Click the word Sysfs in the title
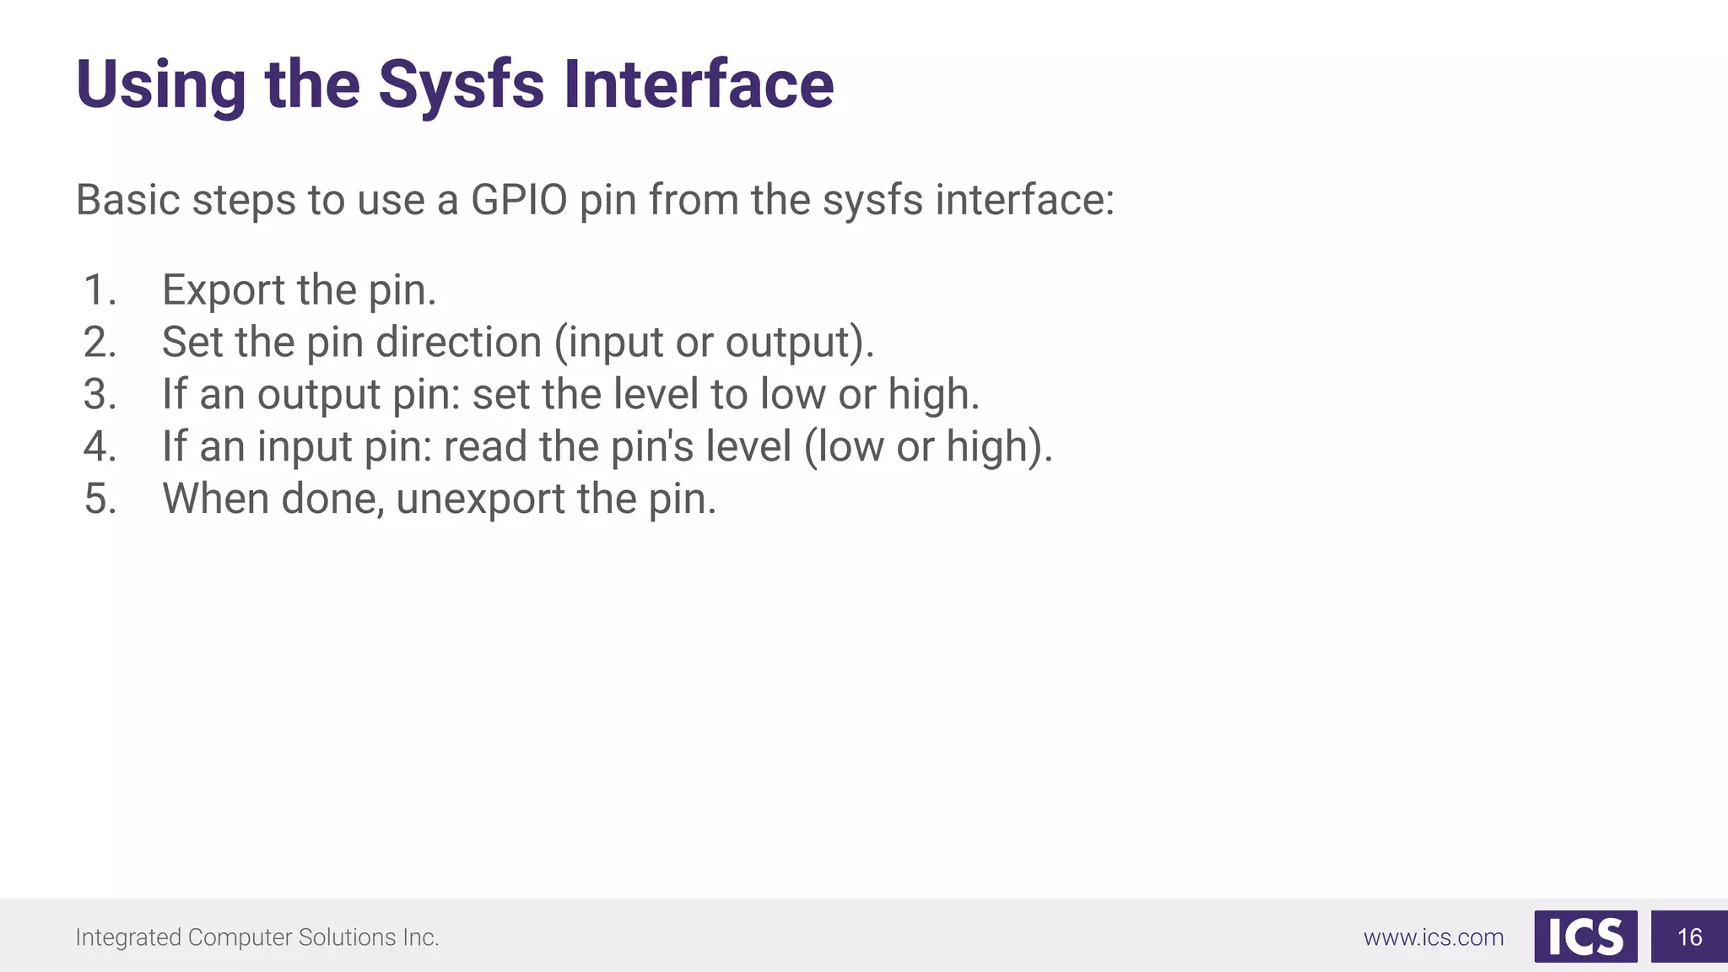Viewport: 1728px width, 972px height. pyautogui.click(x=461, y=85)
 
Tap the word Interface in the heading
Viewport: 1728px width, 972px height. pyautogui.click(x=699, y=85)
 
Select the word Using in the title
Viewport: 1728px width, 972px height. pyautogui.click(x=161, y=85)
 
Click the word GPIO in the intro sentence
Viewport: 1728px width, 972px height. pyautogui.click(x=518, y=201)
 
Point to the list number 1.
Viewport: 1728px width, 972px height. pyautogui.click(x=100, y=290)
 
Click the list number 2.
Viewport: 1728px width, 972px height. pyautogui.click(x=100, y=343)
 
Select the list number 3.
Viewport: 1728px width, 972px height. pyautogui.click(x=100, y=395)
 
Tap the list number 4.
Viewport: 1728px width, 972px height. pyautogui.click(x=100, y=446)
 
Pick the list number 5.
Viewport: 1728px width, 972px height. pyautogui.click(x=100, y=499)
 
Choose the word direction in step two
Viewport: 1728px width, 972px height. pyautogui.click(x=458, y=343)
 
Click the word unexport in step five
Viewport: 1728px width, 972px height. pyautogui.click(x=480, y=499)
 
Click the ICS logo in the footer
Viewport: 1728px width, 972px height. pyautogui.click(x=1585, y=937)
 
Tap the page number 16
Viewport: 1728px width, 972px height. pyautogui.click(x=1689, y=937)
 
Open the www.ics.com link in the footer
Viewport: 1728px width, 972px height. pyautogui.click(x=1434, y=937)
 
